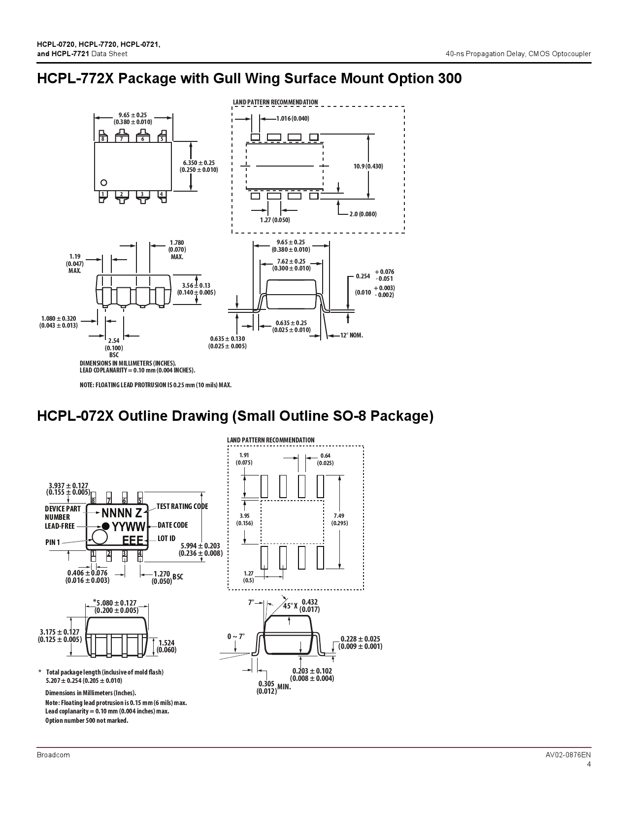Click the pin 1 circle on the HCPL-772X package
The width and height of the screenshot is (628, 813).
click(x=104, y=183)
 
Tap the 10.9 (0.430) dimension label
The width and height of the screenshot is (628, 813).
click(x=368, y=166)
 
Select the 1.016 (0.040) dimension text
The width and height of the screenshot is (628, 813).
click(x=293, y=119)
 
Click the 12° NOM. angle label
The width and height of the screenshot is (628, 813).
click(x=352, y=335)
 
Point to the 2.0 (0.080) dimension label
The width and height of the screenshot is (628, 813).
click(x=363, y=214)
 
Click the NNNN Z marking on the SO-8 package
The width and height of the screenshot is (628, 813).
click(x=122, y=512)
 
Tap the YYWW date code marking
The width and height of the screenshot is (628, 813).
click(x=128, y=526)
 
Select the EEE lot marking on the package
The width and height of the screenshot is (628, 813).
click(x=133, y=540)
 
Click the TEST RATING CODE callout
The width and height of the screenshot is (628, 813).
click(x=182, y=506)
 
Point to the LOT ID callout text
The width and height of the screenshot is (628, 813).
click(x=166, y=539)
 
